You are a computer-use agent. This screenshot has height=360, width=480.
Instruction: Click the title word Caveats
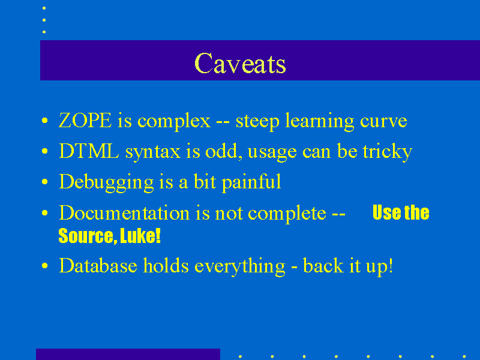(x=241, y=63)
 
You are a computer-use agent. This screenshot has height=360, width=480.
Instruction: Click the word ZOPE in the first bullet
(x=85, y=121)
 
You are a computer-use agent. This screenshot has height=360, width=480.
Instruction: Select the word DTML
(x=89, y=151)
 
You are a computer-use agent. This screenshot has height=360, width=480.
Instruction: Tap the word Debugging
(x=106, y=182)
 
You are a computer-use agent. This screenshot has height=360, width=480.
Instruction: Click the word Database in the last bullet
(x=98, y=265)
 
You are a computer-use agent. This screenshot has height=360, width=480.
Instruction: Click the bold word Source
(x=88, y=236)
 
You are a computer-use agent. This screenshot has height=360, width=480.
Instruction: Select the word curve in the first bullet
(x=383, y=122)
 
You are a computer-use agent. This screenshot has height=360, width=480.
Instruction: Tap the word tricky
(x=387, y=152)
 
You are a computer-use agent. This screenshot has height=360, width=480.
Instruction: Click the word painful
(x=251, y=182)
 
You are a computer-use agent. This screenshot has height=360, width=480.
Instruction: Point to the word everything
(x=240, y=266)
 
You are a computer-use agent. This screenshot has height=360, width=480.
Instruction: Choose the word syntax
(x=153, y=152)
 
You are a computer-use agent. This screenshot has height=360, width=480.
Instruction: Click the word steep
(x=257, y=122)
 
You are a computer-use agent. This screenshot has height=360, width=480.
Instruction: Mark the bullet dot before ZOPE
(x=44, y=121)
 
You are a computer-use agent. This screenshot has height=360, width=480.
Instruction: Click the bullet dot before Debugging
(x=44, y=182)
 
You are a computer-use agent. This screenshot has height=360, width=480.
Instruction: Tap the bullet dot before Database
(x=44, y=265)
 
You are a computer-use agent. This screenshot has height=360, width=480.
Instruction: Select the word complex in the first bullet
(x=174, y=122)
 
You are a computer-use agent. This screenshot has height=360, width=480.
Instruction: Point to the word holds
(x=166, y=265)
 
